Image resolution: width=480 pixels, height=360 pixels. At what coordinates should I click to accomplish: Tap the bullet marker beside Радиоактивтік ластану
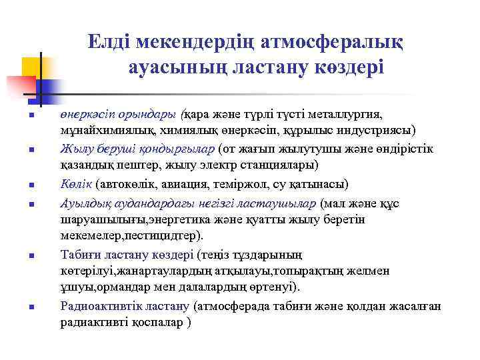click(31, 307)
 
